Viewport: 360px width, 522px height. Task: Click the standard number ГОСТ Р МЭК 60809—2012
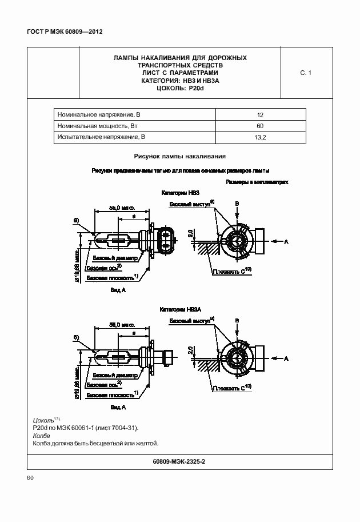[60, 33]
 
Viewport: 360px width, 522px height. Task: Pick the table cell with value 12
[260, 114]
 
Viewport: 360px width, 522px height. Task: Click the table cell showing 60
[260, 126]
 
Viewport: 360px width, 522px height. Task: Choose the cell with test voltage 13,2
[260, 137]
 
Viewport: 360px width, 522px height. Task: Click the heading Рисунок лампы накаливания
[179, 156]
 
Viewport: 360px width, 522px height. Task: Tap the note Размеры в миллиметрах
[257, 182]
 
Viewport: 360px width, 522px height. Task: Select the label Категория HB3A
[181, 309]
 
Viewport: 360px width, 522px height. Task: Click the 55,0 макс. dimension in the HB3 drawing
[122, 209]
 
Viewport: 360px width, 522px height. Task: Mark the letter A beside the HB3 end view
[287, 242]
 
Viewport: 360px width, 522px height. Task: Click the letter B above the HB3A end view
[237, 318]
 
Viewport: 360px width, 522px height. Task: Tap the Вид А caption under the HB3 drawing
[118, 290]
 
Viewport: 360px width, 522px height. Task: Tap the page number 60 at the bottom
[31, 477]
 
